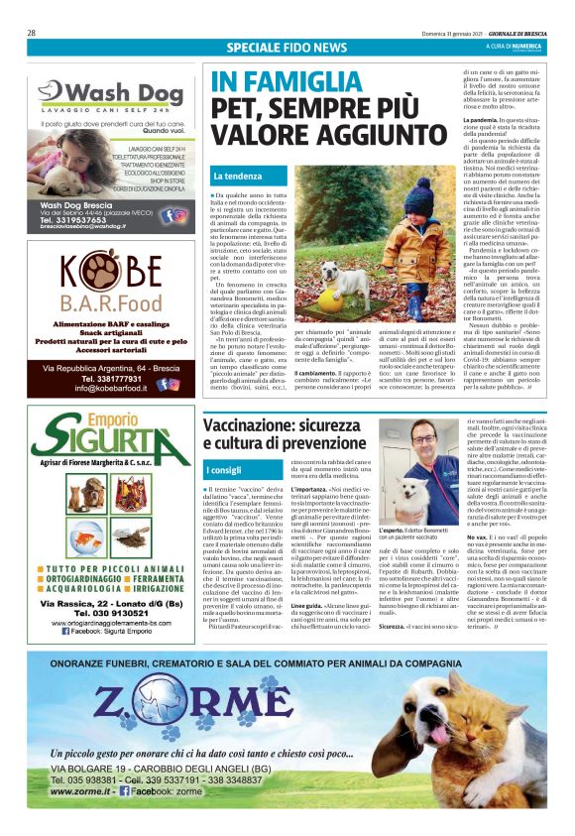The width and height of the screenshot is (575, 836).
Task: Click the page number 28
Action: [x=32, y=33]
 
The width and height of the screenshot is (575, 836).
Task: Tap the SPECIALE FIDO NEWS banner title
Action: [x=286, y=47]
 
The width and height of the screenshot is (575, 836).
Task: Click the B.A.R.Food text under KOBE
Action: [x=112, y=302]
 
